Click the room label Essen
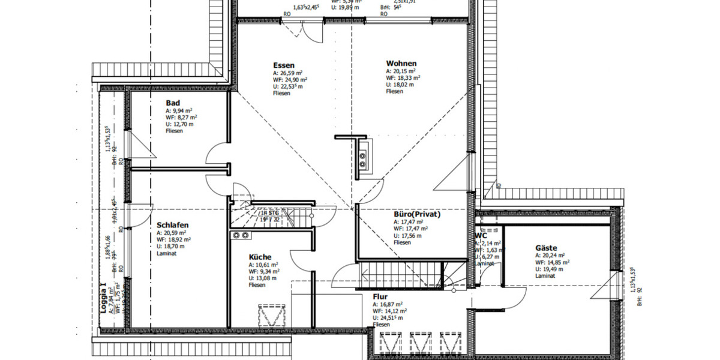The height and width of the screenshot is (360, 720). [x=283, y=65]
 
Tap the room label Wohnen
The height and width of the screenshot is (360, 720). [x=401, y=64]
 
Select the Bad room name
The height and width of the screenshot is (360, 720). [x=173, y=103]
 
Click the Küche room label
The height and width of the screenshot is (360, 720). [x=260, y=257]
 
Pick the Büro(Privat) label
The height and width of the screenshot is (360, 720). [x=417, y=214]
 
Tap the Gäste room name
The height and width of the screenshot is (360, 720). [x=546, y=248]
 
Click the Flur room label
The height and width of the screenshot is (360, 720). [x=379, y=296]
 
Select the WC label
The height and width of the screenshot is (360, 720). [x=481, y=236]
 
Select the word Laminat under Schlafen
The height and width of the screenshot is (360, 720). [x=166, y=253]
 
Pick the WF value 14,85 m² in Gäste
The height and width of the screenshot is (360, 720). [x=552, y=262]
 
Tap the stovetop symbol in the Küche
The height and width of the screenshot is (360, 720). [x=241, y=235]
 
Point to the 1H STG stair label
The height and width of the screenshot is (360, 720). [x=269, y=213]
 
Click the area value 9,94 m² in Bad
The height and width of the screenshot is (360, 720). [x=179, y=111]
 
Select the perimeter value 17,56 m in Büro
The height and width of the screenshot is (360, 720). [x=408, y=236]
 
